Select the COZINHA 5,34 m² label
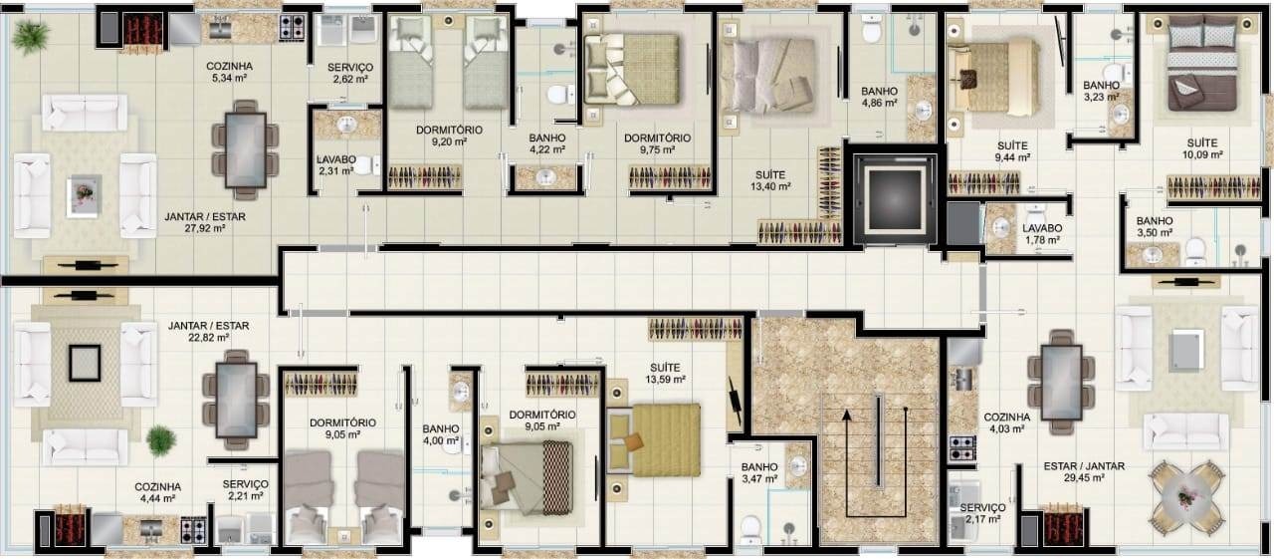coord(229,73)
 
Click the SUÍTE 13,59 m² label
coord(665,374)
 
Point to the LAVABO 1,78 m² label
coord(1042,234)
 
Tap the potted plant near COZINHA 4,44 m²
coord(161,440)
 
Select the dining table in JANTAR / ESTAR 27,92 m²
coord(245,149)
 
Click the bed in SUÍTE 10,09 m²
coord(1202,63)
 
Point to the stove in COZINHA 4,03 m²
coord(962,447)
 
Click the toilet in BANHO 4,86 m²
coord(871,29)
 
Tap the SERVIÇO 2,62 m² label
coord(350,73)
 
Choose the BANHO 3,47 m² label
coord(759,473)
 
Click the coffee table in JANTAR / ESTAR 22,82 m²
coord(85,363)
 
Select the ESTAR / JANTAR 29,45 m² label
coord(1084,472)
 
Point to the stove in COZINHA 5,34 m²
coord(292,27)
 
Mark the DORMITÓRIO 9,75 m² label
coord(658,143)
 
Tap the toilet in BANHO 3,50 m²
coord(1195,251)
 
